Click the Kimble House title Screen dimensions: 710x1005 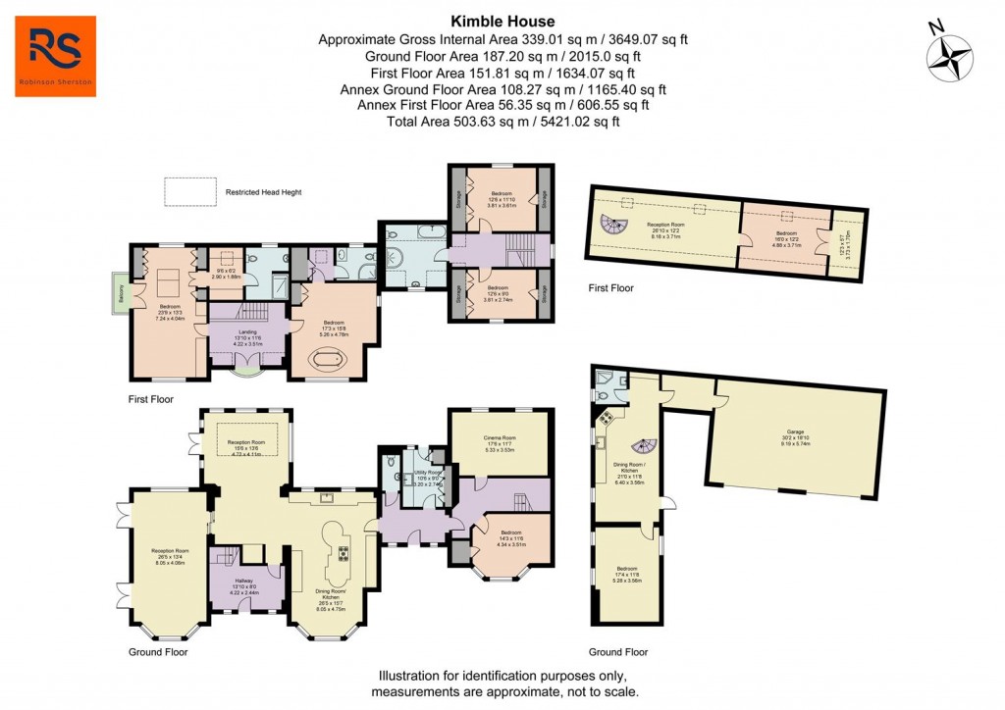coord(502,21)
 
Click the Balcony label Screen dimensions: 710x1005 coord(119,293)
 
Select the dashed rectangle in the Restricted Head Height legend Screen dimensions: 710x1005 coord(190,192)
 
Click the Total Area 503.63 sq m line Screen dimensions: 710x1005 coord(502,122)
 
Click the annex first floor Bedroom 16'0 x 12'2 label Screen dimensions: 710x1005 coord(786,239)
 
